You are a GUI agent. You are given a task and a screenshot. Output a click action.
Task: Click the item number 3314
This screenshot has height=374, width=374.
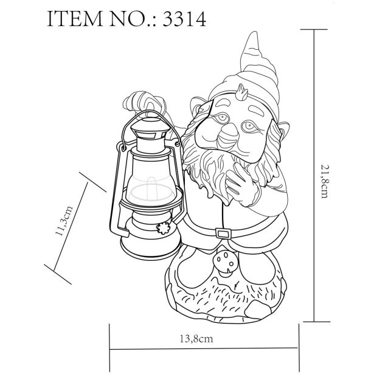[184, 19]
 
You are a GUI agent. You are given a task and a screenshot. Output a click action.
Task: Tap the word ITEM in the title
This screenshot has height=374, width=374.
[75, 19]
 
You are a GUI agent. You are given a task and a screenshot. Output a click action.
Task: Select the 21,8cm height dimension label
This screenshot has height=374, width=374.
[325, 181]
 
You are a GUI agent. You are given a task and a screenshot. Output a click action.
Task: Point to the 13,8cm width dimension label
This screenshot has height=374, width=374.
[196, 339]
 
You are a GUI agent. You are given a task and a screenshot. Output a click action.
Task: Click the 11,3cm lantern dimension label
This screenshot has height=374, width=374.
[64, 221]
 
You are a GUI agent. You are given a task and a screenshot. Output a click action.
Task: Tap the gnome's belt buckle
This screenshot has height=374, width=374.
[224, 233]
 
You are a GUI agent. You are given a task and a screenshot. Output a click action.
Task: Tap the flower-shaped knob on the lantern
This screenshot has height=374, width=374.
[164, 228]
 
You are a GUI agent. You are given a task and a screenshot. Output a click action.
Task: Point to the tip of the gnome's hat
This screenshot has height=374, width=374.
[254, 32]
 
